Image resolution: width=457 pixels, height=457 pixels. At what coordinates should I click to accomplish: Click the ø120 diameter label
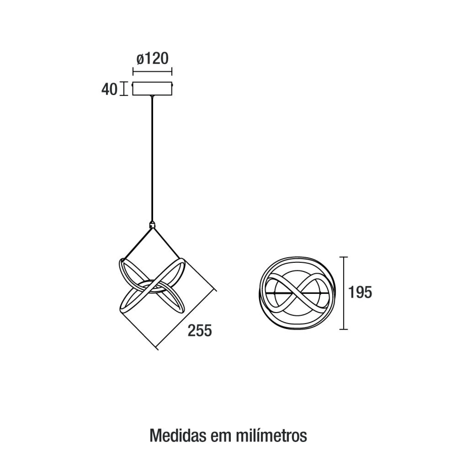click(152, 58)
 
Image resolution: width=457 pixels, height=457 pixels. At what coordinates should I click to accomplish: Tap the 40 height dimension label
click(109, 89)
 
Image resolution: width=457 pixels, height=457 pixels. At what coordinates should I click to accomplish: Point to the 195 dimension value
click(360, 292)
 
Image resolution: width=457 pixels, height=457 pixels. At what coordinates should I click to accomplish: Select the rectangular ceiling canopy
click(152, 89)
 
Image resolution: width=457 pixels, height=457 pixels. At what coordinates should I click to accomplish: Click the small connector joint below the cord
click(152, 224)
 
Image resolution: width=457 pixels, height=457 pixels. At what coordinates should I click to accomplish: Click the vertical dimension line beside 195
click(344, 293)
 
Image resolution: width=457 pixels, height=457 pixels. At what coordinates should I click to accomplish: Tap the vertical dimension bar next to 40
click(124, 89)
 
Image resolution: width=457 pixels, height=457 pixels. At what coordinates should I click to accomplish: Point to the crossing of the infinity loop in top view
click(297, 293)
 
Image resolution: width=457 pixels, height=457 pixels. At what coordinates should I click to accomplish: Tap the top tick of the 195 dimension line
click(344, 257)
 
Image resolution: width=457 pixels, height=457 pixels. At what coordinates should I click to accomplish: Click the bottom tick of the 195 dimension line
click(344, 329)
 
